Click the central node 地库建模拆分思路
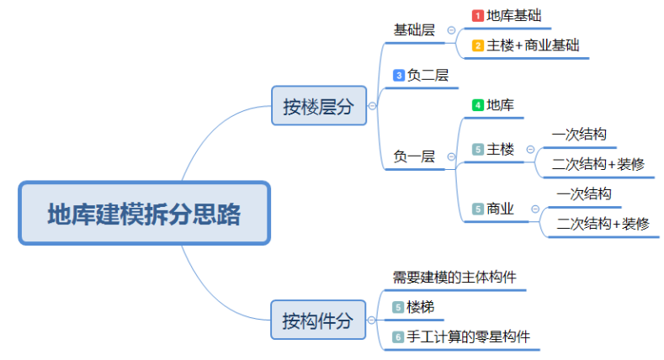click(x=144, y=214)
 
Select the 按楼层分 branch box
click(x=318, y=106)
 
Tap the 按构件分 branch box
click(x=318, y=320)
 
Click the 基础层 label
click(x=414, y=30)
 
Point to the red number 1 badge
click(x=477, y=15)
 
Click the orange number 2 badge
click(x=477, y=45)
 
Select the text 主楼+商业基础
click(x=533, y=45)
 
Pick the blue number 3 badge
click(x=399, y=76)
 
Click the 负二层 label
click(x=428, y=76)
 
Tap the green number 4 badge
click(x=477, y=106)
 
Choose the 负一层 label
click(x=414, y=156)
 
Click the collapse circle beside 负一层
click(x=451, y=156)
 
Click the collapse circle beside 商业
click(x=535, y=209)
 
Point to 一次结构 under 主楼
click(x=580, y=135)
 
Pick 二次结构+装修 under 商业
click(x=603, y=224)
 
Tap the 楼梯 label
click(x=421, y=307)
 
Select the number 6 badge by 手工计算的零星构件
click(x=399, y=337)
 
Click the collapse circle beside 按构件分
click(x=372, y=320)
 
